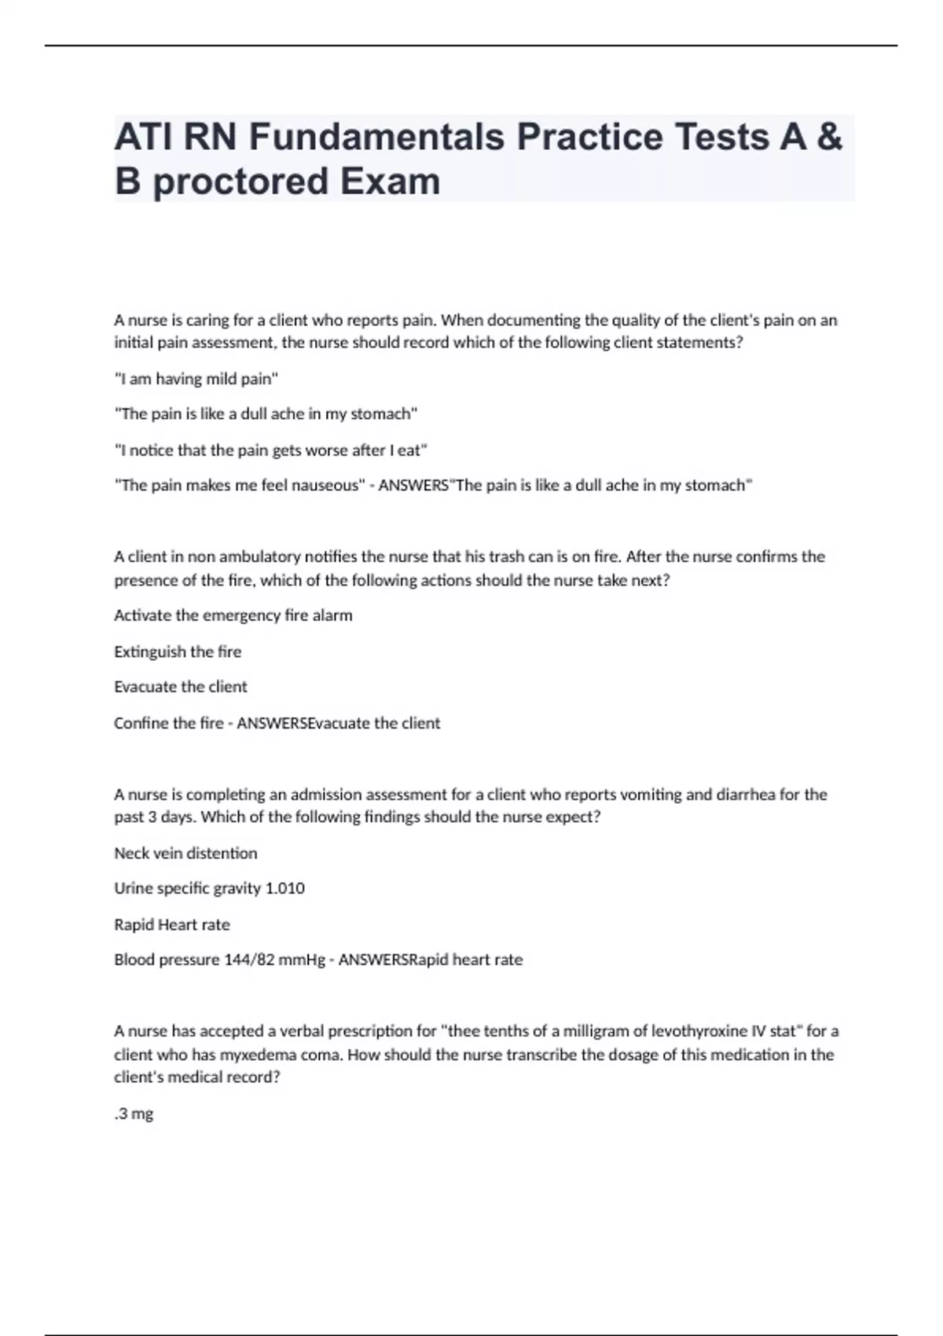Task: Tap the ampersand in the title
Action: [829, 137]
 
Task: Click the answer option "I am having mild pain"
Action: [196, 379]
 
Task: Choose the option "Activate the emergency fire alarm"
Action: [233, 615]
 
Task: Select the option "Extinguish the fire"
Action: [178, 651]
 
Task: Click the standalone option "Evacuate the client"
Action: [181, 687]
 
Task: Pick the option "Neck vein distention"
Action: [185, 853]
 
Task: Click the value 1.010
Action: [285, 888]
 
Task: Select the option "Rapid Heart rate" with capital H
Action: [172, 925]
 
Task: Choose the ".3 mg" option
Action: [134, 1114]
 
